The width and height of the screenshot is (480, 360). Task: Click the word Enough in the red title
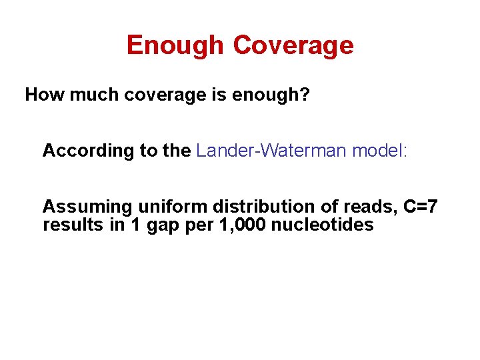click(175, 45)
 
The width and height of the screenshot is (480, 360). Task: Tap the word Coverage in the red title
click(293, 45)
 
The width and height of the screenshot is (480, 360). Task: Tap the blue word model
click(380, 151)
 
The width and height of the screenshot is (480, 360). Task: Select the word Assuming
click(87, 207)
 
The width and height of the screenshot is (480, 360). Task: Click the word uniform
click(172, 207)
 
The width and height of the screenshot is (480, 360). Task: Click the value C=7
click(421, 207)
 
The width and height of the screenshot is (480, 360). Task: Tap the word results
click(69, 225)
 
